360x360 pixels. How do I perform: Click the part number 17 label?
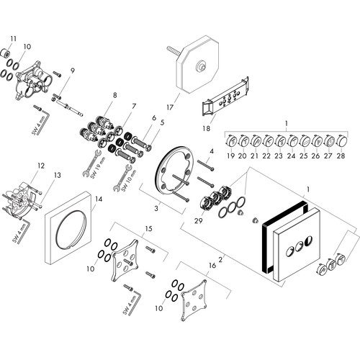pos(170,107)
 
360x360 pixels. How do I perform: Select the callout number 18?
pos(206,128)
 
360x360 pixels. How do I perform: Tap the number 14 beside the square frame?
pos(99,199)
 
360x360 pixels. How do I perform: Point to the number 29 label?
pos(199,220)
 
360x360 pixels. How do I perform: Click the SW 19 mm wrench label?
pos(98,169)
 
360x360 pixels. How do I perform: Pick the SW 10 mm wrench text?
pos(129,181)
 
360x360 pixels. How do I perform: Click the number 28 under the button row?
pos(341,156)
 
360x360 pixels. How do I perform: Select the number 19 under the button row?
pos(230,156)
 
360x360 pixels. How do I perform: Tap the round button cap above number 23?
pos(280,141)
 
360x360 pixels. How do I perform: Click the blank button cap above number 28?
pos(342,141)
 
